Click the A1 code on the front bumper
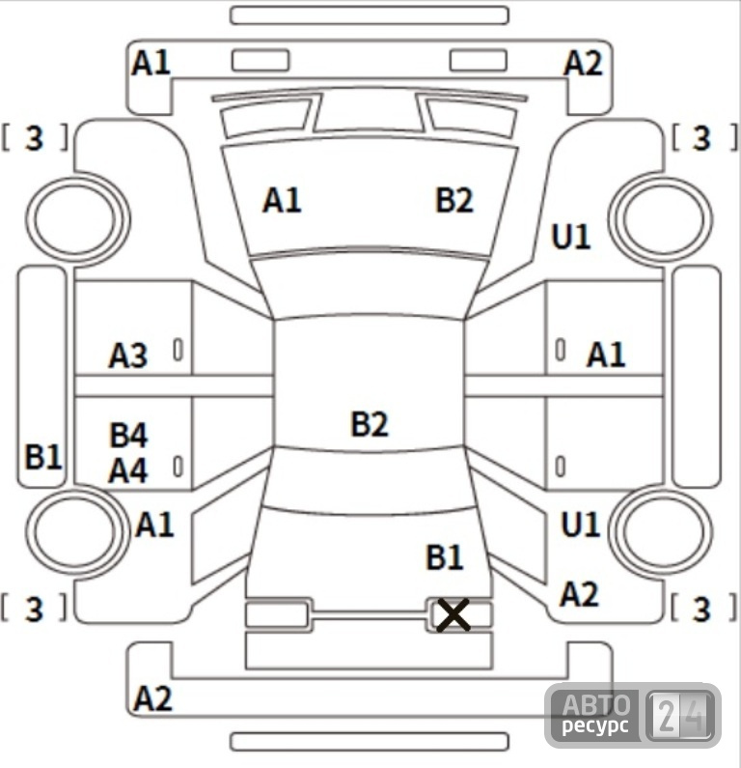(x=151, y=63)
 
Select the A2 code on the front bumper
(x=583, y=64)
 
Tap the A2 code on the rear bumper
(x=152, y=698)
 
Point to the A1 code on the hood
(x=282, y=200)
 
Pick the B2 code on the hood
(x=454, y=200)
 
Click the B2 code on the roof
(x=370, y=424)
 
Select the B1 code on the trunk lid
(x=445, y=557)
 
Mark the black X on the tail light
(x=453, y=614)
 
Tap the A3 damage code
(x=127, y=356)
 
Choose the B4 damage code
(x=128, y=435)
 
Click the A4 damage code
(x=127, y=470)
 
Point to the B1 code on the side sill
(x=43, y=457)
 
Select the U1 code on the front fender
(x=571, y=237)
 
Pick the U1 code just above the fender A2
(x=581, y=526)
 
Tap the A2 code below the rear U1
(x=579, y=595)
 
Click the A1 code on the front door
(x=606, y=355)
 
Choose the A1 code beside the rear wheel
(x=154, y=526)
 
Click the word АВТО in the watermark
(x=596, y=705)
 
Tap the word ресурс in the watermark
(x=595, y=725)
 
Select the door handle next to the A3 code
(x=178, y=350)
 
